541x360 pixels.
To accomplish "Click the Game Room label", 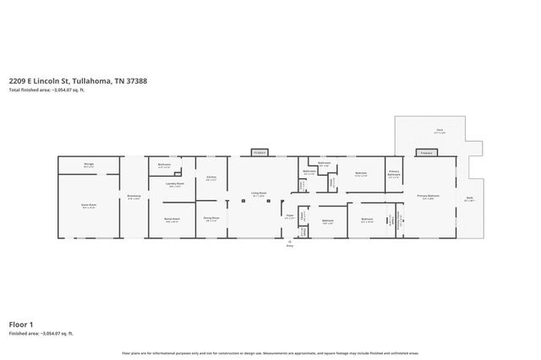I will (88, 205).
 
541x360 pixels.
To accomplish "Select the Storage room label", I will (88, 166).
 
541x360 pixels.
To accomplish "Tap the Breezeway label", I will (134, 197).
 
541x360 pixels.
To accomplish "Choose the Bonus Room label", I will (171, 218).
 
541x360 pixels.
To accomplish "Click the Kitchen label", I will (211, 178).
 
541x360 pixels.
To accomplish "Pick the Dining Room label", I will (211, 218).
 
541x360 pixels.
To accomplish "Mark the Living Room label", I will (259, 194).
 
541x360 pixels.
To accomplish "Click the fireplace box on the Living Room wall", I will (259, 153).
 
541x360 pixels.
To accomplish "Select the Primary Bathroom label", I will (394, 174).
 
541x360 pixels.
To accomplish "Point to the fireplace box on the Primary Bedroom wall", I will (426, 153).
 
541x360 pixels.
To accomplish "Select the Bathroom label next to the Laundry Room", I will (164, 166).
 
